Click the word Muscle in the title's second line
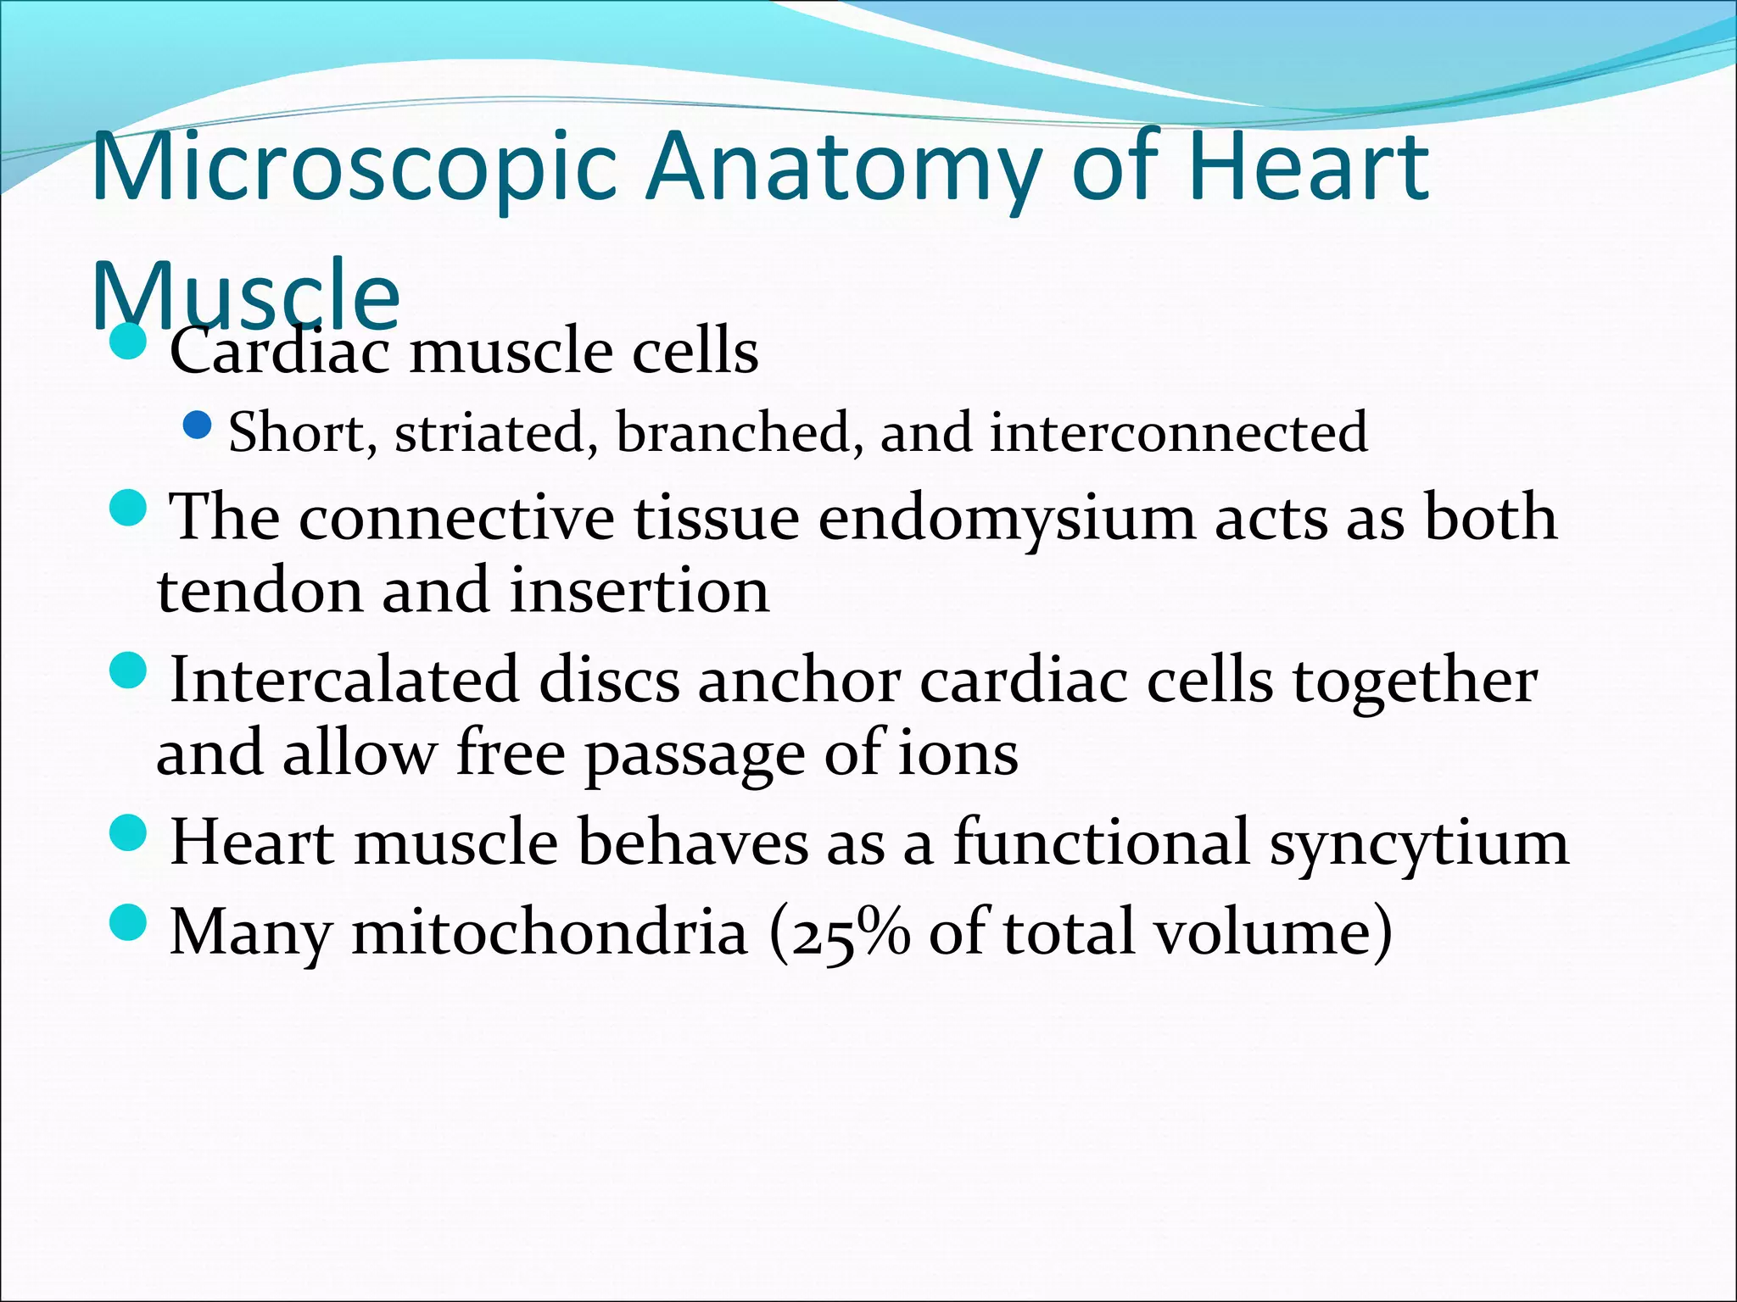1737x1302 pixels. point(245,292)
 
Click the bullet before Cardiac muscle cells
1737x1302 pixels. point(129,342)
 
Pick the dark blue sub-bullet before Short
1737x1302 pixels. point(197,425)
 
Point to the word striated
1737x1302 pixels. point(490,432)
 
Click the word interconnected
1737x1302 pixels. point(1178,432)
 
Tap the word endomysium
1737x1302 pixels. point(1006,517)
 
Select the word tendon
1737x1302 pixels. point(259,591)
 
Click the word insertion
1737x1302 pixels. point(640,591)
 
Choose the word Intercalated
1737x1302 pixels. point(343,680)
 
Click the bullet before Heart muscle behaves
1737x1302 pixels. point(129,833)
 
